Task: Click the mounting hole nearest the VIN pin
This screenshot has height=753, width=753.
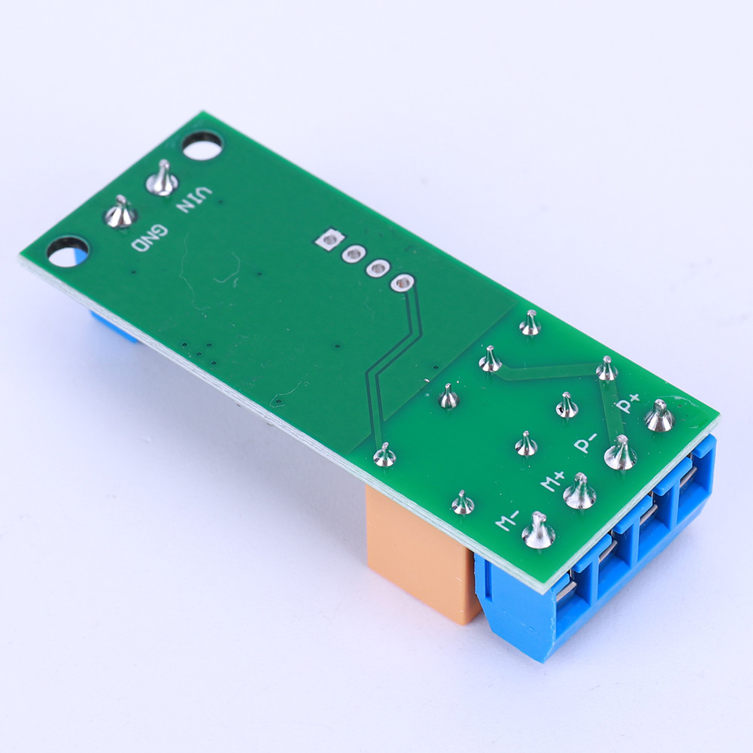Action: pyautogui.click(x=202, y=145)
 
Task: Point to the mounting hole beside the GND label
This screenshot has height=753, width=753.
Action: pyautogui.click(x=68, y=251)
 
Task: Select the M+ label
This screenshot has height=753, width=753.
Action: pyautogui.click(x=553, y=479)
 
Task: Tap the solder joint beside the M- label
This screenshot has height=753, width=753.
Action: pyautogui.click(x=539, y=532)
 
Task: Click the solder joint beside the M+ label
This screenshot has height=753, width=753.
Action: pyautogui.click(x=580, y=493)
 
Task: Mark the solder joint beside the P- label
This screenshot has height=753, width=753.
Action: pyautogui.click(x=621, y=454)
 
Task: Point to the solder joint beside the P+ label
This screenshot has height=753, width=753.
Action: pyautogui.click(x=660, y=417)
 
